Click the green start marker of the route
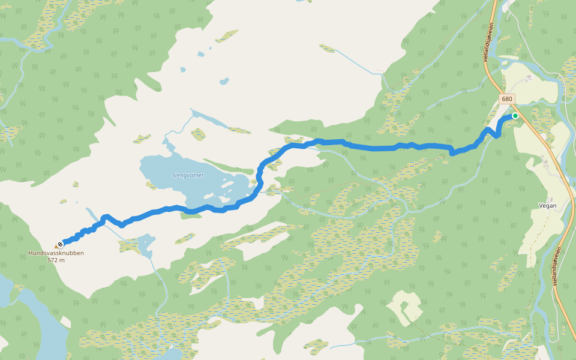coord(515,116)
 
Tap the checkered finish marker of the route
coord(61,244)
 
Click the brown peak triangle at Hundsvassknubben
coord(57,247)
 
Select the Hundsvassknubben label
coord(56,253)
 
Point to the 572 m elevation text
coord(56,260)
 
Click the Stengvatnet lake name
coord(188,175)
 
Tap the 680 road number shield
coord(507,99)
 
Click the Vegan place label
coord(547,206)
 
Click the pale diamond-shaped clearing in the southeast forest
coord(405,307)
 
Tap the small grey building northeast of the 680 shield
coord(529,78)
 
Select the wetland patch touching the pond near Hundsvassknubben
coord(130,245)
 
